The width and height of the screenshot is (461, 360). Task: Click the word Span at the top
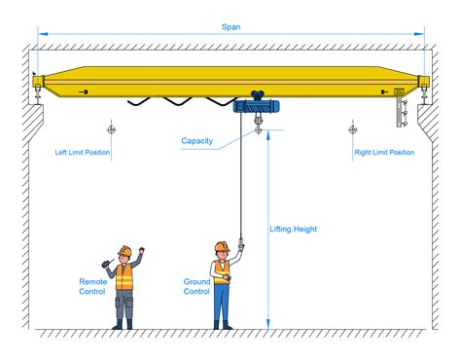tap(230, 27)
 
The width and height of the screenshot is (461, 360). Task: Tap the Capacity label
tap(197, 141)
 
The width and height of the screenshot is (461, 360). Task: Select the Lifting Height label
tap(294, 230)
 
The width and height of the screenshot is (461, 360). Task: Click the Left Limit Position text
tap(83, 153)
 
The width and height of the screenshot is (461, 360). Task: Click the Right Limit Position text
tap(384, 153)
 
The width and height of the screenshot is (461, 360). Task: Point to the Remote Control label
tap(93, 286)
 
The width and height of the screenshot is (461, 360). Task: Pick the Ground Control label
tap(196, 286)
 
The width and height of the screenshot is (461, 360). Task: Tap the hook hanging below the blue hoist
tap(258, 126)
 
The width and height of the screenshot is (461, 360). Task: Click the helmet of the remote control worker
tap(124, 251)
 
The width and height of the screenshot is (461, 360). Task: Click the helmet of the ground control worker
tap(222, 246)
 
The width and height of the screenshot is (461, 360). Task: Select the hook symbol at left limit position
tap(113, 128)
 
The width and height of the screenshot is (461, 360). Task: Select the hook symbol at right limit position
tap(352, 128)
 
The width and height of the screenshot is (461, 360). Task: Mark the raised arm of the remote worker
tap(139, 257)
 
